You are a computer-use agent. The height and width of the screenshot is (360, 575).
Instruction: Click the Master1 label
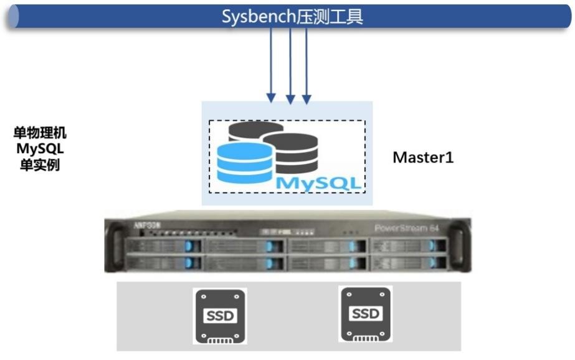tap(423, 158)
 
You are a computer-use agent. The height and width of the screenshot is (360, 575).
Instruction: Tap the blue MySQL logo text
tap(318, 183)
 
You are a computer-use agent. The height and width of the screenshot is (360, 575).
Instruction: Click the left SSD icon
tap(221, 316)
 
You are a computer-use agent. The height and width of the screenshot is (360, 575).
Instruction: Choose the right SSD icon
tap(365, 313)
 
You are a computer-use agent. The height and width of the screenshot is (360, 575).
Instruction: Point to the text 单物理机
tap(40, 133)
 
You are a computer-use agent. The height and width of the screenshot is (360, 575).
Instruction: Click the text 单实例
tap(40, 166)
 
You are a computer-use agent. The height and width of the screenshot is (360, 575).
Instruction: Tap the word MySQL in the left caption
tap(40, 149)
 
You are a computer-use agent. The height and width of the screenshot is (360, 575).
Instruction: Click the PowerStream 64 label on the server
tap(407, 228)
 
